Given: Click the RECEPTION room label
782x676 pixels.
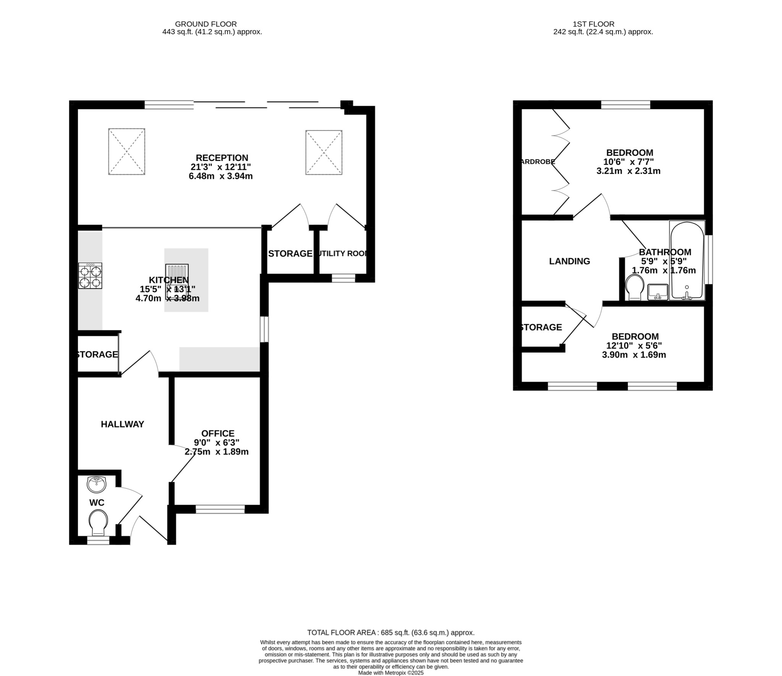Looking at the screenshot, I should [x=222, y=158].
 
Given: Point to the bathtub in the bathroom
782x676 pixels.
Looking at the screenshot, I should [x=687, y=261].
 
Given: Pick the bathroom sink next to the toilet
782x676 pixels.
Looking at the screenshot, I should [x=658, y=292].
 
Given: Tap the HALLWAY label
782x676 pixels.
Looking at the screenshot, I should [x=122, y=424].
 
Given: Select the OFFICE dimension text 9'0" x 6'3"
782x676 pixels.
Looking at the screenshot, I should [x=217, y=443].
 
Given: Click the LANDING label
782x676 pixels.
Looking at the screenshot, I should [x=569, y=261].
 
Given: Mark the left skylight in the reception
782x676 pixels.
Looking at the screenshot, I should [x=126, y=152].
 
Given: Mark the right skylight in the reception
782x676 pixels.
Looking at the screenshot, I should [x=324, y=152].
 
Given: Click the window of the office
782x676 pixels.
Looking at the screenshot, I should [x=220, y=509].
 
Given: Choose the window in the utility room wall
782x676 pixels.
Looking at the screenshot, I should [x=343, y=279].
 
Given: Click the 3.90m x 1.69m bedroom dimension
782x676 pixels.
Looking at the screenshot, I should [x=634, y=355].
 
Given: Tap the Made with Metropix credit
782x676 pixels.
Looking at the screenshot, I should [x=391, y=673].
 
